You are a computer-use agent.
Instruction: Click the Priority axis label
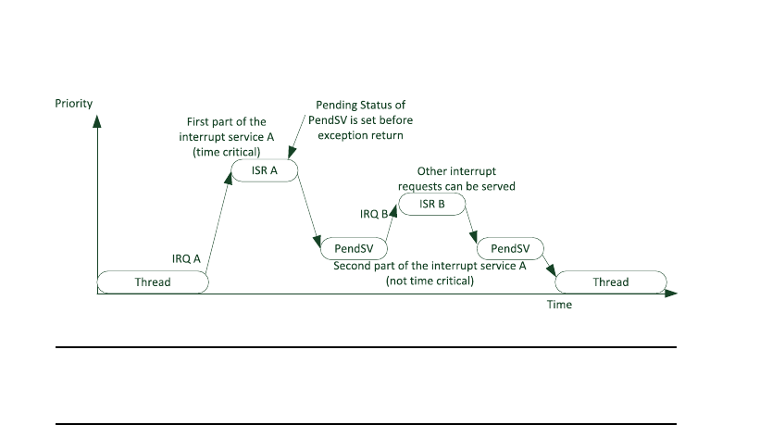coord(74,103)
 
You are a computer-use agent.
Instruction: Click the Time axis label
coord(558,305)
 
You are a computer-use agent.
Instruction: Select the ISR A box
coord(265,170)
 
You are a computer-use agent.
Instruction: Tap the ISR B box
coord(432,204)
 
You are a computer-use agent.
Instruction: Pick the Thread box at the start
coord(153,282)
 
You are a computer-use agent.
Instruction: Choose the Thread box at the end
coord(610,282)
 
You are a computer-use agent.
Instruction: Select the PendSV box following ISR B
coord(510,248)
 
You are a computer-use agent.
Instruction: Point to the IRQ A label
coord(187,259)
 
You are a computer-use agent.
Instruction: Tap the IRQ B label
coord(375,214)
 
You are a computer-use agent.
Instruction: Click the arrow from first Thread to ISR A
coord(218,222)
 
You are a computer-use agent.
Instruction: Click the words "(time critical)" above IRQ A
coord(227,152)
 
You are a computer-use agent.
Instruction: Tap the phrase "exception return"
coord(362,135)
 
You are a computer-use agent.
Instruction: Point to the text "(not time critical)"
coord(430,280)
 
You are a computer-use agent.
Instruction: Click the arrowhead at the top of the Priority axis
coord(97,119)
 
